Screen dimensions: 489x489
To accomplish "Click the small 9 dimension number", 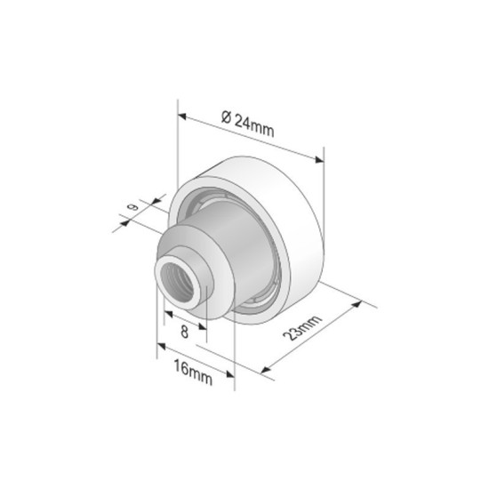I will [132, 208].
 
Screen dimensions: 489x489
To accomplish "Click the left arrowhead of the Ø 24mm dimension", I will [181, 116].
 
